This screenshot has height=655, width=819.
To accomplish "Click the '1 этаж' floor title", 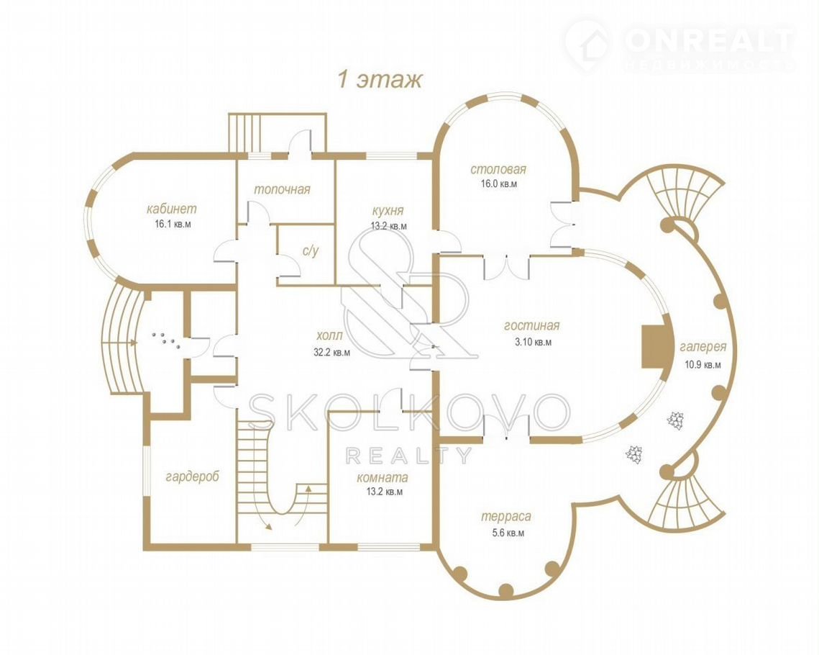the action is [x=379, y=80].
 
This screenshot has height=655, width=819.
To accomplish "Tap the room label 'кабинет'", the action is [x=171, y=209].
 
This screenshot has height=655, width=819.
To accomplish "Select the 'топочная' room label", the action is [x=282, y=189].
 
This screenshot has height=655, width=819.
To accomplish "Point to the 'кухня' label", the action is [x=388, y=211].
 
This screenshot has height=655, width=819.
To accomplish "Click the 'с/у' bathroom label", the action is [x=310, y=251].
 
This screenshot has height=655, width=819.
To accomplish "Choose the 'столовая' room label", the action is [x=498, y=169].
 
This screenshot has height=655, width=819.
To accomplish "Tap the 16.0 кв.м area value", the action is [x=498, y=184].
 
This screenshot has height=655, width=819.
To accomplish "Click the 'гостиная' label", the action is [x=531, y=325].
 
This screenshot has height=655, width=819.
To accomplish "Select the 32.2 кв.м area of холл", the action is [x=331, y=352].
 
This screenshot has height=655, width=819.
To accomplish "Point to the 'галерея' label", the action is [x=703, y=347].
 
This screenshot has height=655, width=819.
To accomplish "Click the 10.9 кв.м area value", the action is [x=703, y=364].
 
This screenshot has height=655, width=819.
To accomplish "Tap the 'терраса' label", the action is [x=505, y=517].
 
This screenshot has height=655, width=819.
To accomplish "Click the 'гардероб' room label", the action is [x=192, y=476].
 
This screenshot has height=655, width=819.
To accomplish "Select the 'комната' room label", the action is [x=383, y=478].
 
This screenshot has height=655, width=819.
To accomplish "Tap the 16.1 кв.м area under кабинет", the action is [x=172, y=225].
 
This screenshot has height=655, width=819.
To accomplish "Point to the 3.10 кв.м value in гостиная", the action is [x=531, y=343].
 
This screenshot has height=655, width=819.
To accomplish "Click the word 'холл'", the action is [x=329, y=335].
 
